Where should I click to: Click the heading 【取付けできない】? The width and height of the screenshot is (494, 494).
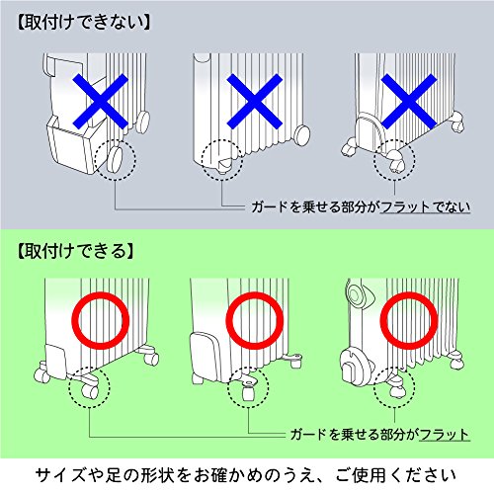pyautogui.click(x=84, y=23)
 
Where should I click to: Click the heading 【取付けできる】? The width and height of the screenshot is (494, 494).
pyautogui.click(x=75, y=251)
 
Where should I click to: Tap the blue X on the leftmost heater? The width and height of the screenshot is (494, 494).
pyautogui.click(x=100, y=101)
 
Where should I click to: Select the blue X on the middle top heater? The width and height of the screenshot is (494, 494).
pyautogui.click(x=255, y=101)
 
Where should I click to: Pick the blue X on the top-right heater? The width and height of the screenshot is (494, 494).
pyautogui.click(x=409, y=101)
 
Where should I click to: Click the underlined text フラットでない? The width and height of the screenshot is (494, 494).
pyautogui.click(x=425, y=207)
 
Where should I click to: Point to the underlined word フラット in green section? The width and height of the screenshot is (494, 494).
pyautogui.click(x=445, y=435)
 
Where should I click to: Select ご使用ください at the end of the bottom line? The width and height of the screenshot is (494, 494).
pyautogui.click(x=396, y=475)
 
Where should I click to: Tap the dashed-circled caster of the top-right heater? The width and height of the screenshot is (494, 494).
pyautogui.click(x=394, y=161)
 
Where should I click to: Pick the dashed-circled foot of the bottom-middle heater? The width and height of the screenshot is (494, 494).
pyautogui.click(x=248, y=388)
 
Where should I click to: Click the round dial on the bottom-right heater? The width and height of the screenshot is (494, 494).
pyautogui.click(x=356, y=293)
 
